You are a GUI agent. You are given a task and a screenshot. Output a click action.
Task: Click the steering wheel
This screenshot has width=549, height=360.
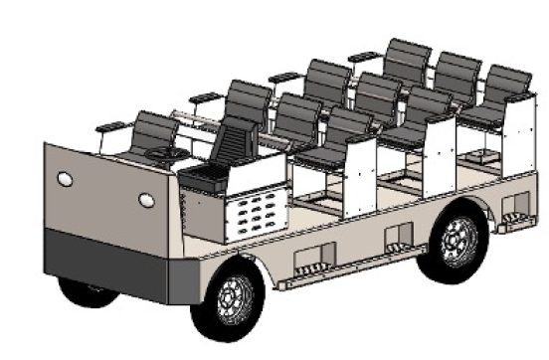coord(164,154)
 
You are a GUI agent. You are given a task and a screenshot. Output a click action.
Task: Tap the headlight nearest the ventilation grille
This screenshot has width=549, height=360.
coord(147,200)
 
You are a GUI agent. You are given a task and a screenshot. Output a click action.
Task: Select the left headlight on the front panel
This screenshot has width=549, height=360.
coord(66,179)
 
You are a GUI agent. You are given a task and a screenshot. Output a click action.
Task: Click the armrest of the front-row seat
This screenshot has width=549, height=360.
coord(113,126)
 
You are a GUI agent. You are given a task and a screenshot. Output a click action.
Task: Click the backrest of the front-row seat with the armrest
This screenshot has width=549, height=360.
coord(154,129)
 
